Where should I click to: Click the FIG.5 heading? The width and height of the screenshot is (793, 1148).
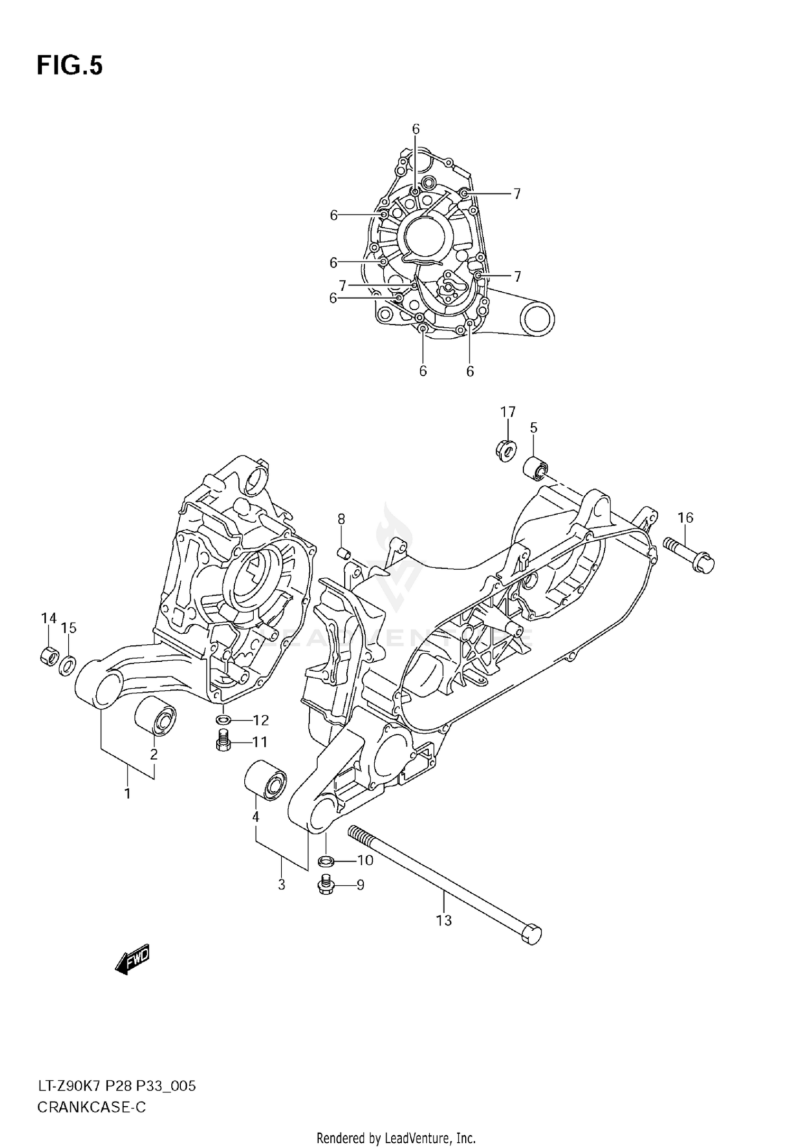(69, 66)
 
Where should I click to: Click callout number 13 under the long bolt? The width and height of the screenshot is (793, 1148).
(444, 920)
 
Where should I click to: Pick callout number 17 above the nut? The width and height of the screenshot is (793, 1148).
(508, 411)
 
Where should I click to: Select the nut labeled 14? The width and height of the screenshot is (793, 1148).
(49, 656)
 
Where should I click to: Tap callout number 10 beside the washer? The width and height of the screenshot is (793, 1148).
(365, 860)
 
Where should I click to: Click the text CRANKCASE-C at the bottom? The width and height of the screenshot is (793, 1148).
(91, 1106)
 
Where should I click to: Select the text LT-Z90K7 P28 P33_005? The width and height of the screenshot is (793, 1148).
(116, 1086)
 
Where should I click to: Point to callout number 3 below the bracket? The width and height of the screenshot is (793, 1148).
(281, 884)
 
